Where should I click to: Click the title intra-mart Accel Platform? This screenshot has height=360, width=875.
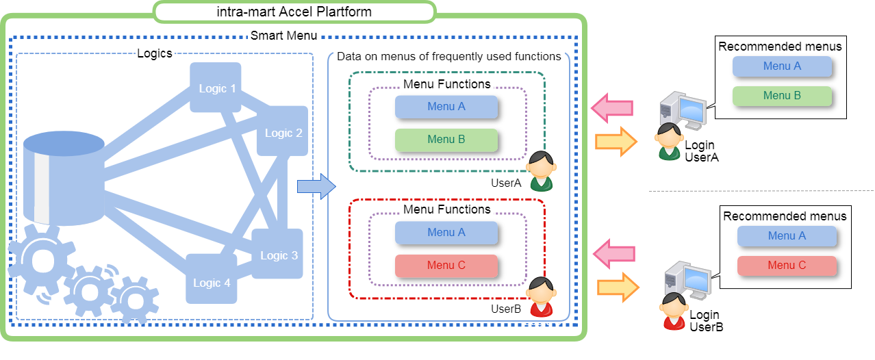click(x=293, y=12)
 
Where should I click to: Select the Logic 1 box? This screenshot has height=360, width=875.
click(x=216, y=88)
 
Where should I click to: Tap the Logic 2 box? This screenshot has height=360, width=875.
click(x=283, y=132)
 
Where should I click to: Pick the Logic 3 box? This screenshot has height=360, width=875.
click(x=278, y=255)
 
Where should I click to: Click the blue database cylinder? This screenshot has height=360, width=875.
click(x=63, y=178)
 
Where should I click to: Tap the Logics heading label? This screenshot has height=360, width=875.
click(x=155, y=53)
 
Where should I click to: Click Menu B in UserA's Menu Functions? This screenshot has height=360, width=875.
click(x=446, y=140)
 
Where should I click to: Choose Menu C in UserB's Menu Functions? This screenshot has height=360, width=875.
click(x=446, y=266)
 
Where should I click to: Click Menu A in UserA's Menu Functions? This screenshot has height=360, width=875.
click(x=446, y=107)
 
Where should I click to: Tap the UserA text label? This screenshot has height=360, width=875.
click(x=506, y=183)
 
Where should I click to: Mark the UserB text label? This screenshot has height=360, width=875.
click(x=506, y=309)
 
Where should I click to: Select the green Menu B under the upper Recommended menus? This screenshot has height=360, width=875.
click(x=781, y=96)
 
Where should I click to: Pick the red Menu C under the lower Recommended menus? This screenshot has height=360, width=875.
click(x=786, y=266)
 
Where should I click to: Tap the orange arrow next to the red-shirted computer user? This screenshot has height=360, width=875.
click(x=618, y=287)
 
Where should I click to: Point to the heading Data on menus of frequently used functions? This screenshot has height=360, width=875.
click(x=448, y=56)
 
